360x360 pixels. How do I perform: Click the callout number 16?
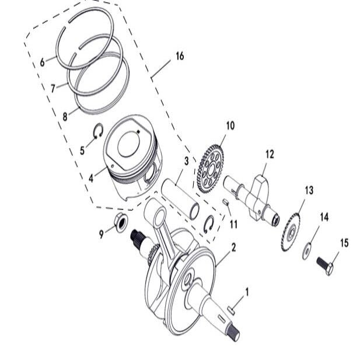(179, 56)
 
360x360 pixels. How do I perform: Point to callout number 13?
(309, 190)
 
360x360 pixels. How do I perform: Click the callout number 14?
(324, 216)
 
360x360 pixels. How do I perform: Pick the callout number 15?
(344, 243)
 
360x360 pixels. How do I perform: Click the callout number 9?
(101, 234)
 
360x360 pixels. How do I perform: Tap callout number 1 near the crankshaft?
(246, 290)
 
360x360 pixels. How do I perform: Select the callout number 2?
(233, 247)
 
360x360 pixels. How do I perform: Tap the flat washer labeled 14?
(306, 252)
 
